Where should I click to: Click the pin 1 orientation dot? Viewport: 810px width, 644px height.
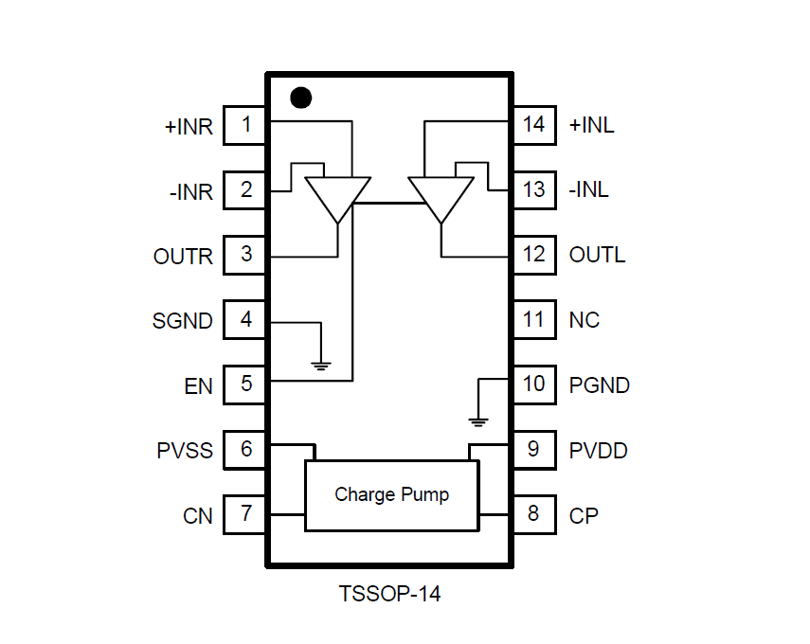coord(300,98)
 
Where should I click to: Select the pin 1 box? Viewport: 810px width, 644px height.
coord(245,125)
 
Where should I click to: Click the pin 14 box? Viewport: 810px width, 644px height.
coord(533,125)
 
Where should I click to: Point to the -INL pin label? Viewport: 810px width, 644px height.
coord(588,190)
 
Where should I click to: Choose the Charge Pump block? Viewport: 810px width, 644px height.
coord(391,494)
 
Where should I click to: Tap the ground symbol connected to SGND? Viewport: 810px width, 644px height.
coord(322,364)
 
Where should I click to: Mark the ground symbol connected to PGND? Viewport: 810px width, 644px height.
coord(479,420)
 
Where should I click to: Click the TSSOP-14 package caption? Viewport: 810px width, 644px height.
coord(389,595)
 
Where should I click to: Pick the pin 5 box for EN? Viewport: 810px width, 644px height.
coord(245,385)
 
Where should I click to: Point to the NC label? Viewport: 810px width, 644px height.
coord(584,320)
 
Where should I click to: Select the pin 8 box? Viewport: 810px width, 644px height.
coord(533,514)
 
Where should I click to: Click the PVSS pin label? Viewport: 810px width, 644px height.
coord(186,450)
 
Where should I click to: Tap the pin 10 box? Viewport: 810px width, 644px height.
coord(533,385)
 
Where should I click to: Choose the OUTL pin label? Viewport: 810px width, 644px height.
coord(597,256)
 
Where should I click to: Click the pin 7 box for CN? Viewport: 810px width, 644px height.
coord(245,514)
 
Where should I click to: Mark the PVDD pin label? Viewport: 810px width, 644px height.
coord(598,450)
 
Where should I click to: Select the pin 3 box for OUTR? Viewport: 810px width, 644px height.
coord(245,255)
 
